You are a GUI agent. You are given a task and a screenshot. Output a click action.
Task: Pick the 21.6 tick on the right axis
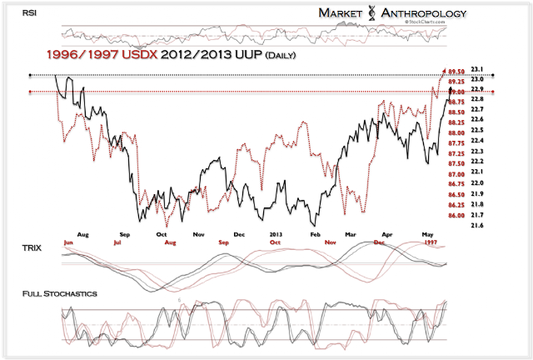[x=477, y=225]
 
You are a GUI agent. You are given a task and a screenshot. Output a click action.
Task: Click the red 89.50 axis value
[x=457, y=72]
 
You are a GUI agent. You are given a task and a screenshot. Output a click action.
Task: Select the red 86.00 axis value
[x=456, y=216]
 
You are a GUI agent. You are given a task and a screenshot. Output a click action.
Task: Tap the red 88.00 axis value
[x=456, y=133]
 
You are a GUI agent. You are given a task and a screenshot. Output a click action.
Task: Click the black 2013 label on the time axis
[x=278, y=235]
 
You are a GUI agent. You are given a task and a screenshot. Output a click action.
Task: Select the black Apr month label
[x=387, y=235]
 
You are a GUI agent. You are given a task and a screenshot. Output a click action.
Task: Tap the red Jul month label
[x=118, y=242]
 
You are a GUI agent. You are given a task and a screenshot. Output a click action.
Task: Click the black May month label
[x=429, y=235]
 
